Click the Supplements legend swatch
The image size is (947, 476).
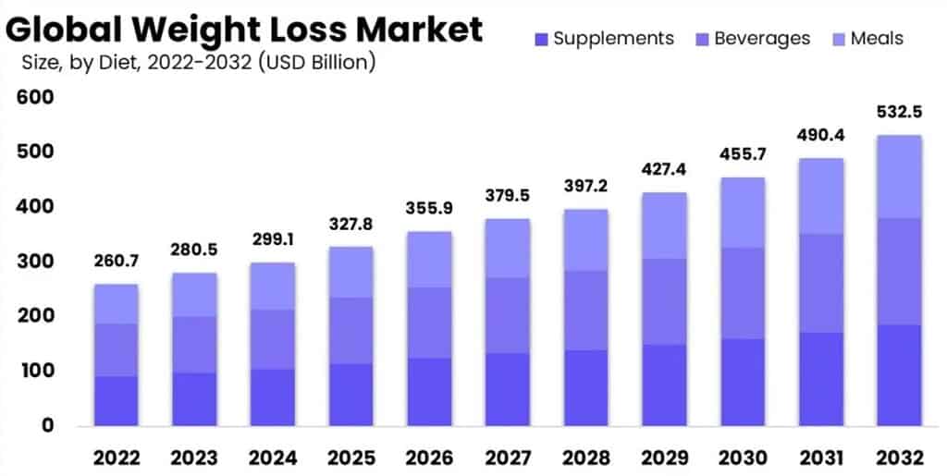click(x=541, y=39)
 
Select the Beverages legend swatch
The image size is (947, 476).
click(x=702, y=39)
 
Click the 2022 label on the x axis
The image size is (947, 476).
click(x=117, y=458)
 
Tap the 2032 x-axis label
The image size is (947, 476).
click(x=900, y=458)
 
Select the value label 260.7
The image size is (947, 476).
click(x=117, y=262)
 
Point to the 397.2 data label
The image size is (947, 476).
click(x=584, y=187)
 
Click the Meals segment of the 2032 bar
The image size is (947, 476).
click(x=900, y=177)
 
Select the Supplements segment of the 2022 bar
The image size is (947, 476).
click(x=117, y=400)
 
